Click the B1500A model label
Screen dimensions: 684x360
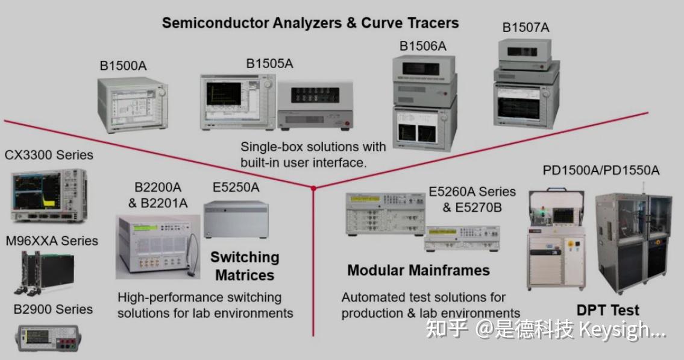(x=123, y=66)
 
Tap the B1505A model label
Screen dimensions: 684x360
(x=269, y=63)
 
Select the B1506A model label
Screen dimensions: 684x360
(x=422, y=46)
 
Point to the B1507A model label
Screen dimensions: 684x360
(x=526, y=28)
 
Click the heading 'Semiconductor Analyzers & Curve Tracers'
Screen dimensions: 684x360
(x=310, y=24)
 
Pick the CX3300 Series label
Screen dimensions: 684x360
(x=49, y=155)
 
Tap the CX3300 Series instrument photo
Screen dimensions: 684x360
(x=48, y=195)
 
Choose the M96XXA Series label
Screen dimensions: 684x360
(x=52, y=241)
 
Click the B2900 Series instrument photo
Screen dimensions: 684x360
(x=48, y=337)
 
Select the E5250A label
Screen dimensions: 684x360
(x=236, y=188)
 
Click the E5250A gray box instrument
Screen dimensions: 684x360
(x=236, y=220)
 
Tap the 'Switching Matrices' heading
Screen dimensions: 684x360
(x=245, y=266)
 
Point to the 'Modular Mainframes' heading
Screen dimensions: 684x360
(x=418, y=270)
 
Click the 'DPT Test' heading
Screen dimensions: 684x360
(x=607, y=311)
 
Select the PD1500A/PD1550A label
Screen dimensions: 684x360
(x=601, y=170)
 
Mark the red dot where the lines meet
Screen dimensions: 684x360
(x=313, y=189)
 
